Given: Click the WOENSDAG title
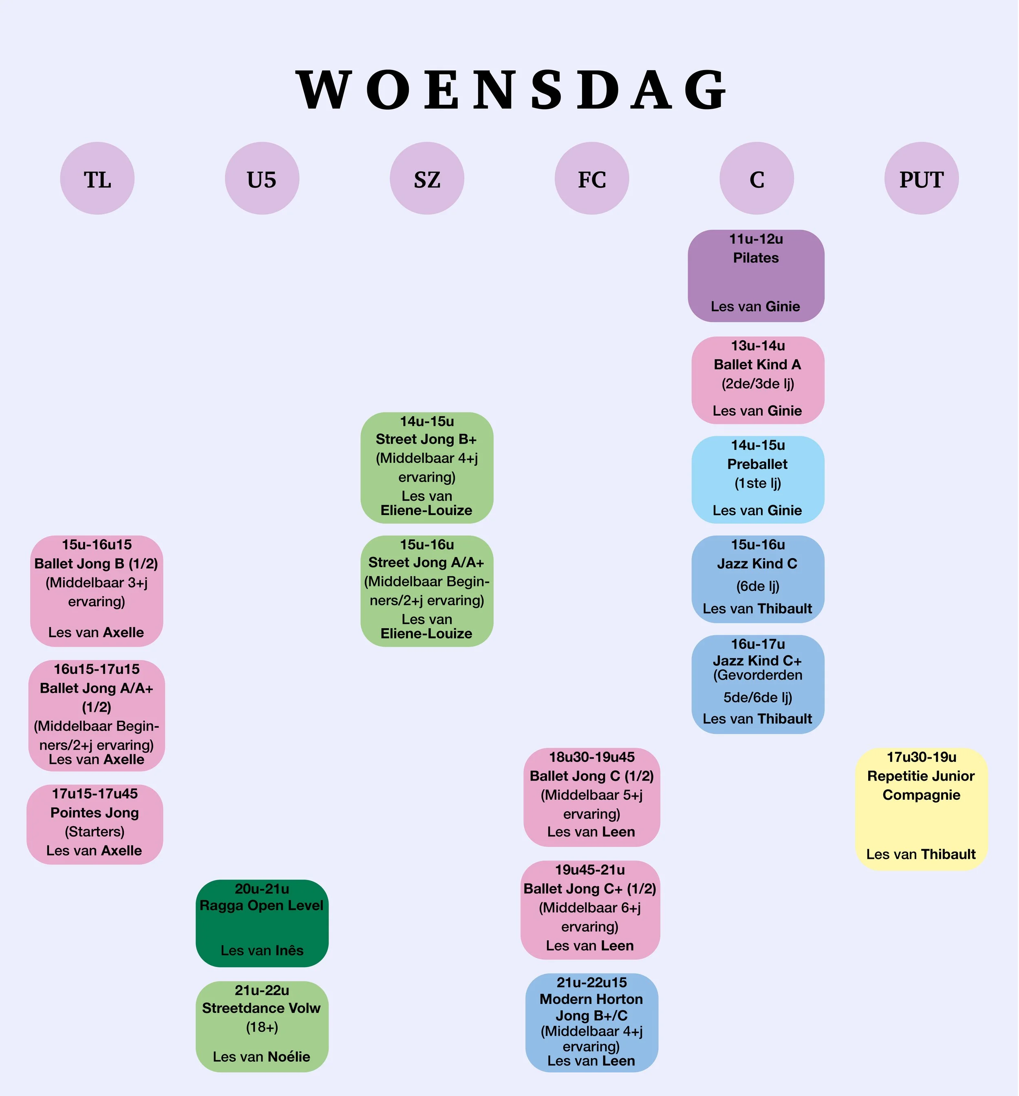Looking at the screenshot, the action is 511,90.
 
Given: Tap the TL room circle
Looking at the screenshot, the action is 97,178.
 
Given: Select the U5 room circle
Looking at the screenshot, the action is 262,178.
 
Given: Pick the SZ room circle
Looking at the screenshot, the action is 427,178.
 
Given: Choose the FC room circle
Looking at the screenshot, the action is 592,178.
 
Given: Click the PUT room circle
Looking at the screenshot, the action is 922,178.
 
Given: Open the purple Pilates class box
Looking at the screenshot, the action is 756,276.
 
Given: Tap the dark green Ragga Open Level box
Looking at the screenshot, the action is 262,923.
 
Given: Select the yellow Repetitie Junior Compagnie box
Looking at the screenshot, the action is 922,809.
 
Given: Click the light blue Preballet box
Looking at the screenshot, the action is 758,479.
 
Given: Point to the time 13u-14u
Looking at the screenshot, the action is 758,346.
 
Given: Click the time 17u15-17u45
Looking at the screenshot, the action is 95,793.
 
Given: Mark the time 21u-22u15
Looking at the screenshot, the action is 592,982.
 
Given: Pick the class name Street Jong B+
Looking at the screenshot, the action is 426,439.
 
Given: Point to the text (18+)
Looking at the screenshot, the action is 262,1027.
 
